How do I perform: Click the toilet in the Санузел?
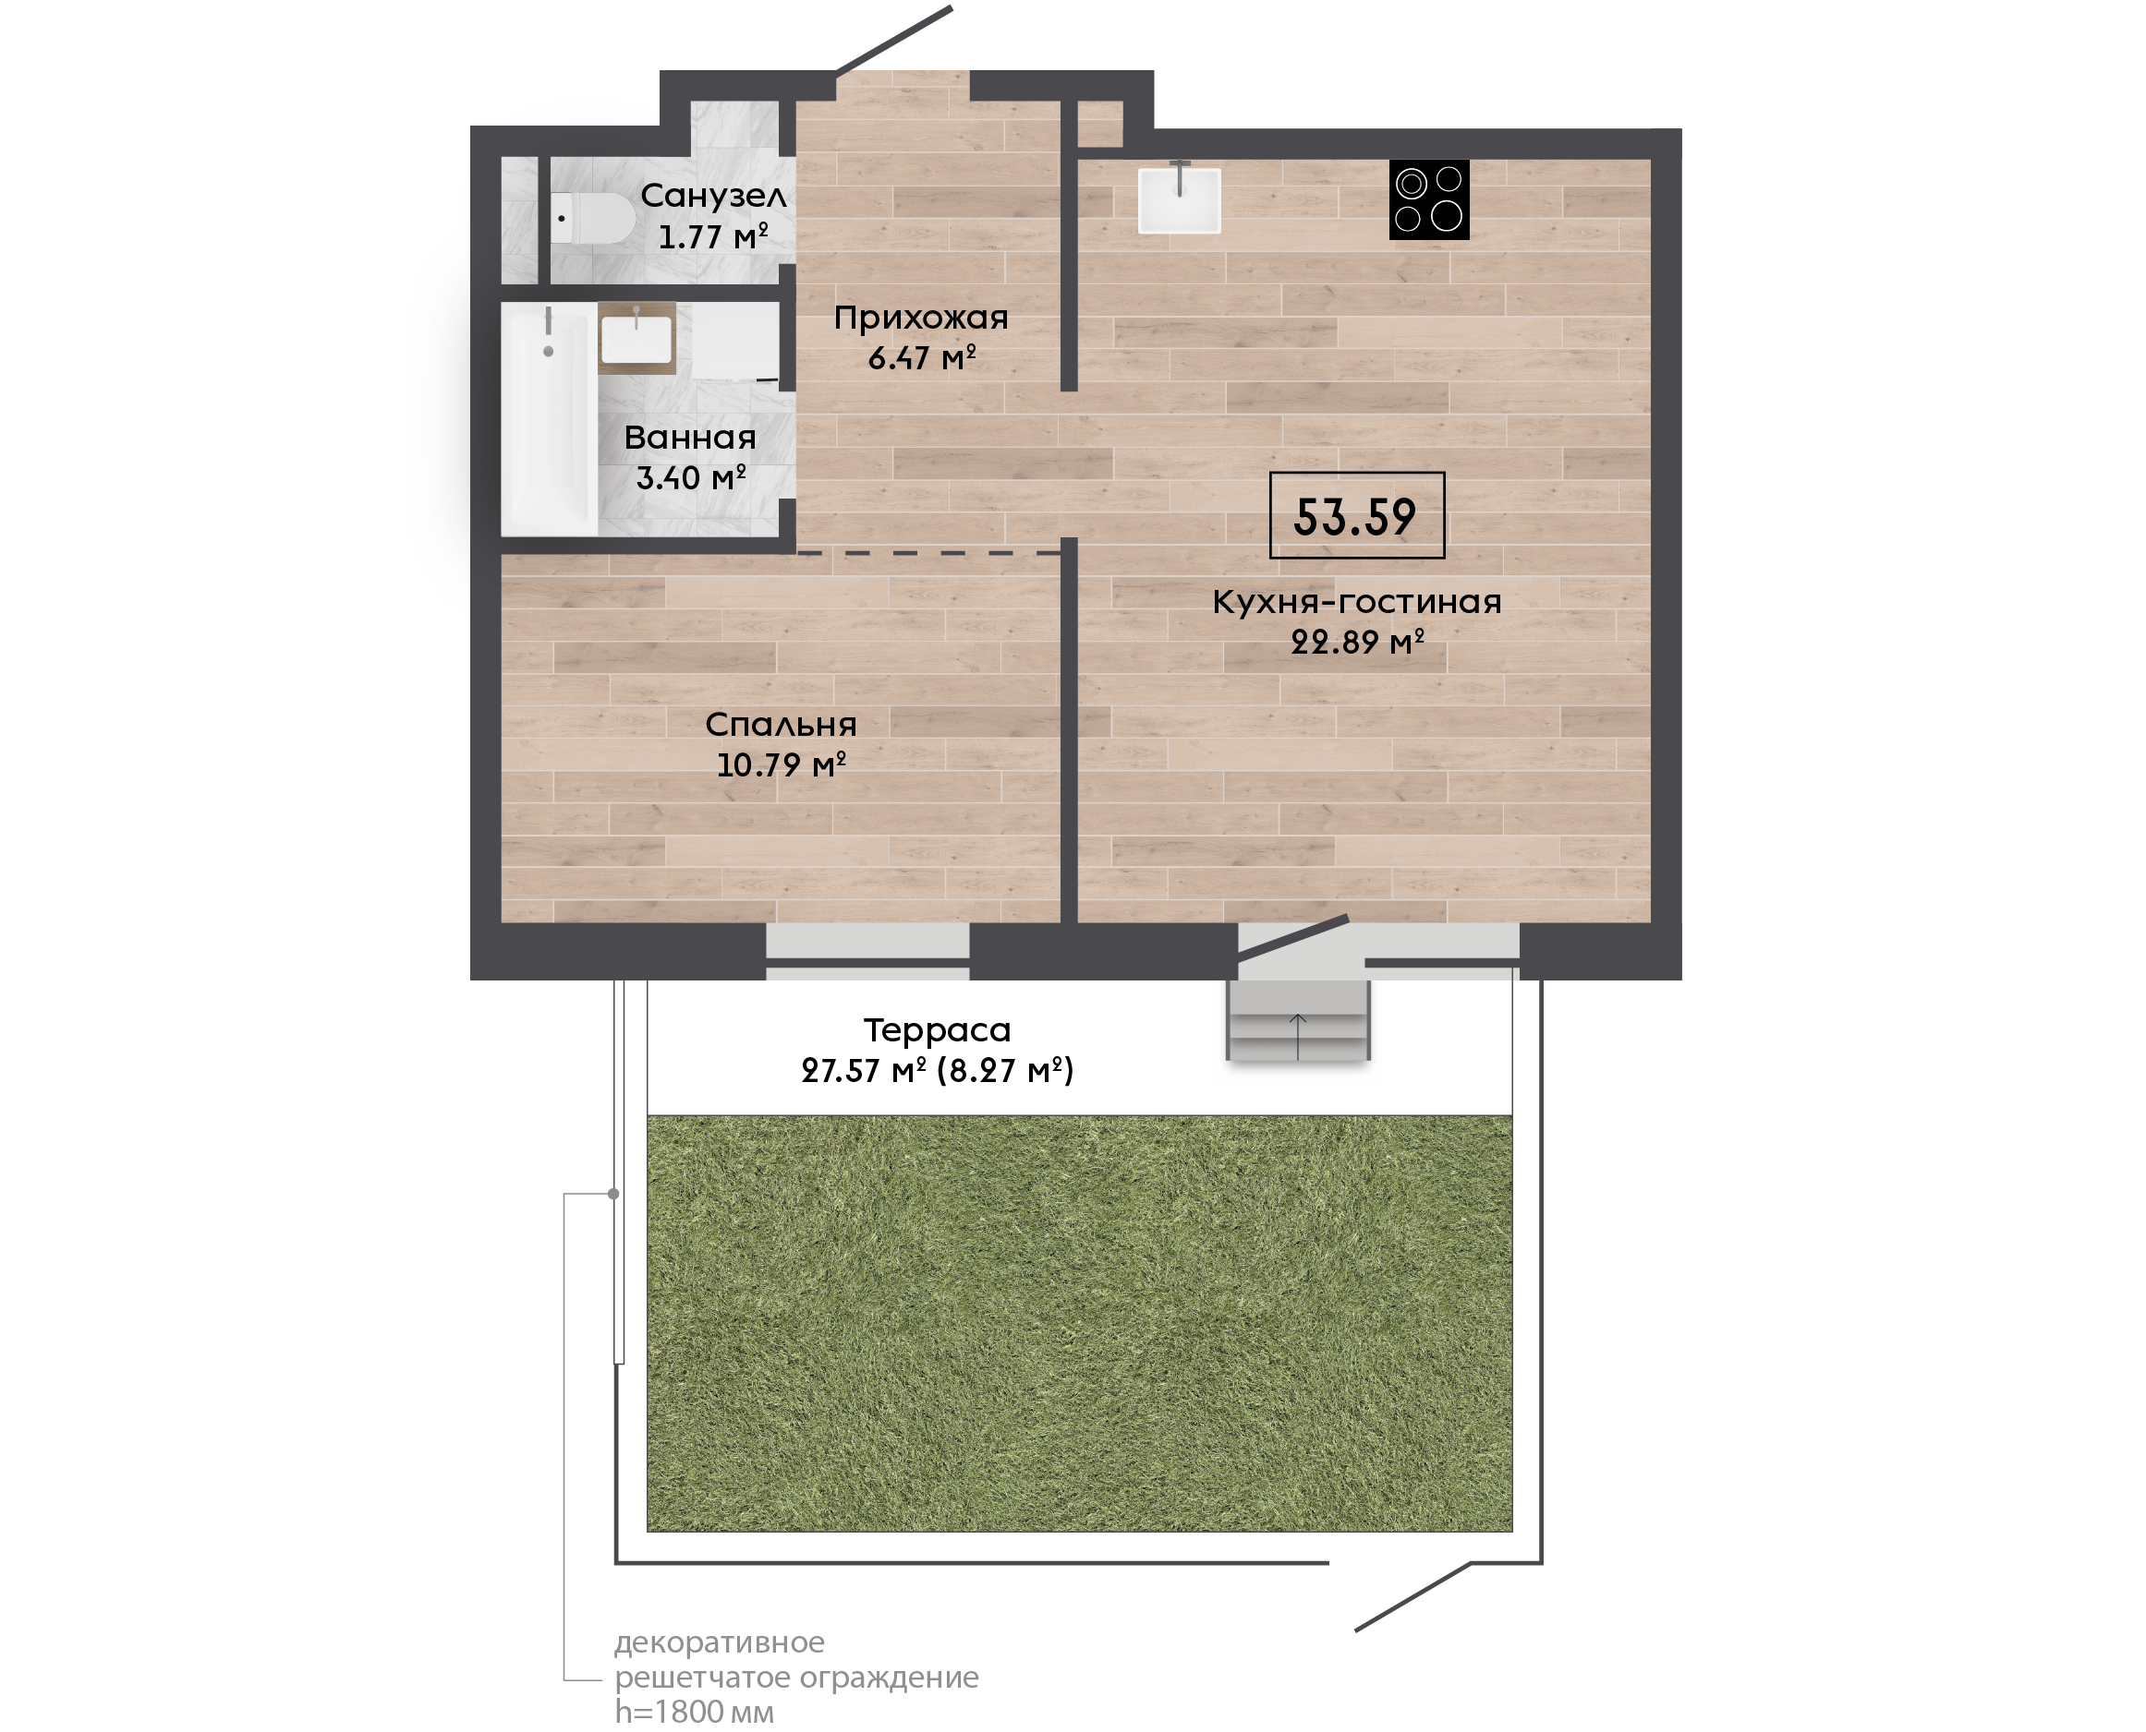pos(593,219)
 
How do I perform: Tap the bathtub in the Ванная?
pos(549,419)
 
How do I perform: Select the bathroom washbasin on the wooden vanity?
pos(637,338)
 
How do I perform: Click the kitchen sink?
pos(1179,200)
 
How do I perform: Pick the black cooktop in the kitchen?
pos(1428,199)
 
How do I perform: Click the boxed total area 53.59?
pos(1356,515)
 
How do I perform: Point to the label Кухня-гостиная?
pos(1356,602)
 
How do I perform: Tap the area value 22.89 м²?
pos(1357,642)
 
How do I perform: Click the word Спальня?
pos(781,725)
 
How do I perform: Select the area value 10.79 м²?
pos(782,764)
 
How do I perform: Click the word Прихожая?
pos(921,319)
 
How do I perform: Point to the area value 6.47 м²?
pos(921,357)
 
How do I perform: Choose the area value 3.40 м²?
pos(691,478)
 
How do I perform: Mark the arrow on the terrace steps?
pos(1298,1037)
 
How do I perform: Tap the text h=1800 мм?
pos(694,1712)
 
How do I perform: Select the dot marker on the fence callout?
pos(613,1195)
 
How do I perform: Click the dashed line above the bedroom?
pos(928,552)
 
